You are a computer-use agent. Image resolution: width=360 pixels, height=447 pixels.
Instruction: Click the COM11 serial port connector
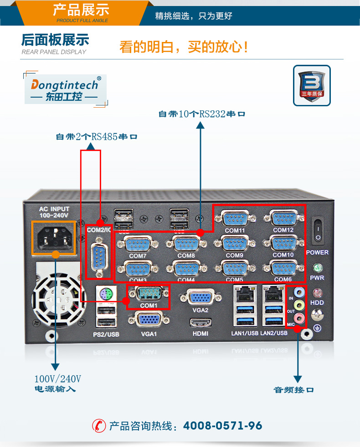tap(234, 218)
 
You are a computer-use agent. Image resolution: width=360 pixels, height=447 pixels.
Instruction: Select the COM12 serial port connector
tap(283, 218)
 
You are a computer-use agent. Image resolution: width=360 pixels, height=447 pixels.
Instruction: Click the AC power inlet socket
tap(53, 236)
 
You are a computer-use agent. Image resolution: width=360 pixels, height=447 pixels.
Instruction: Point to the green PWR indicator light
tap(317, 268)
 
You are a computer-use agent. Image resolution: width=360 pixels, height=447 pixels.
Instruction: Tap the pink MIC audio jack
tap(299, 318)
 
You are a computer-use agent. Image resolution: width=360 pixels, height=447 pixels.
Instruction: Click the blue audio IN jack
tap(299, 291)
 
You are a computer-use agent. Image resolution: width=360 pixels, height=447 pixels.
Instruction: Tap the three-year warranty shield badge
tap(312, 85)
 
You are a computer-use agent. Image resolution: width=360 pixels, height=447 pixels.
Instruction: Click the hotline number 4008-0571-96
tap(222, 426)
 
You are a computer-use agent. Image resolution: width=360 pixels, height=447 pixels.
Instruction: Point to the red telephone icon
tap(98, 426)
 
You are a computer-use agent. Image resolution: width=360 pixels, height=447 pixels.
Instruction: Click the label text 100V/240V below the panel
tap(58, 379)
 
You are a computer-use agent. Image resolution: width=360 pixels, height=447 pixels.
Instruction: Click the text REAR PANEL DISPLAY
tap(54, 52)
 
